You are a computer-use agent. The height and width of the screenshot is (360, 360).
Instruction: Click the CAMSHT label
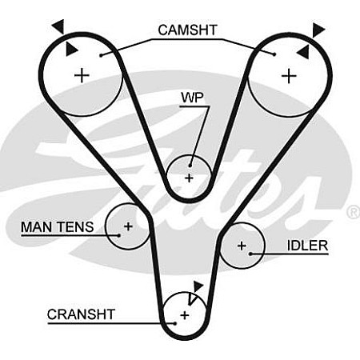pos(187,30)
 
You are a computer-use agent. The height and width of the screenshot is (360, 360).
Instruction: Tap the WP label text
pos(192,98)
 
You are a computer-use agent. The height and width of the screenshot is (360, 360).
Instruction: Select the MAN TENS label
pos(57,227)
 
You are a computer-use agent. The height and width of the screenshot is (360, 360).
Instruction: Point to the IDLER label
pos(307,246)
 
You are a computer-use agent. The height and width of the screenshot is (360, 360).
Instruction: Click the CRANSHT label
pos(81,314)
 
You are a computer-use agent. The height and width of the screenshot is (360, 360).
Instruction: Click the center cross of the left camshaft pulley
pos(82,75)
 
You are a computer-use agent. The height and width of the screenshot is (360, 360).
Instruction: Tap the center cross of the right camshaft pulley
pos(289,76)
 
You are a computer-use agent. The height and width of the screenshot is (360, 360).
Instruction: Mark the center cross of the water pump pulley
pos(190,178)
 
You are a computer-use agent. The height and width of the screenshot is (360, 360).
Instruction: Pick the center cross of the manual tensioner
pos(128,226)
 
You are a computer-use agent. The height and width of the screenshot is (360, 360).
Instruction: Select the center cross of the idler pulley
pos(242,246)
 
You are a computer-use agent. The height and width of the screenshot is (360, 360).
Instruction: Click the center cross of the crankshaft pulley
pos(185,315)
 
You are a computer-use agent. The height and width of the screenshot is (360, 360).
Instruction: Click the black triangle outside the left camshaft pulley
pos(58,26)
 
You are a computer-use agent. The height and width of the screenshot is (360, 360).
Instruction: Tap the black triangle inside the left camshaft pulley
pos(71,49)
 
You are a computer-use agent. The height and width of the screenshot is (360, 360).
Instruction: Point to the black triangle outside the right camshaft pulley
pos(318,30)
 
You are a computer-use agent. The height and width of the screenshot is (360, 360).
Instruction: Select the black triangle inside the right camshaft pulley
pos(303,52)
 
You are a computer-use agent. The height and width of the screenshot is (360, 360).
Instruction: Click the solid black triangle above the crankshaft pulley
pos(198,286)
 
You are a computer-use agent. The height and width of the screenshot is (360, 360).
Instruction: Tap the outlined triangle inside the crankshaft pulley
pos(191,298)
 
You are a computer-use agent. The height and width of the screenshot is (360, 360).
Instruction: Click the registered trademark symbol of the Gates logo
pos(354,212)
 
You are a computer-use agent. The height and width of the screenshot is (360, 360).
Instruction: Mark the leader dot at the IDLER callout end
pos(250,254)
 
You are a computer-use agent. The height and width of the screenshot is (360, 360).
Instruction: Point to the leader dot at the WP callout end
pos(190,166)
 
